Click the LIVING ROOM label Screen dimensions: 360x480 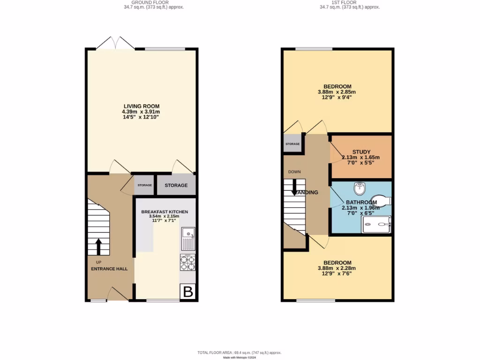[141, 106]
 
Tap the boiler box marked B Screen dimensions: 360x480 [188, 292]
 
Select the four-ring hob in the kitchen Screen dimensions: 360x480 [187, 263]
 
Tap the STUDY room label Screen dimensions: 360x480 [361, 152]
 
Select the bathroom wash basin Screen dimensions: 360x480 [360, 188]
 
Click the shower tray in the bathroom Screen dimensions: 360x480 [376, 224]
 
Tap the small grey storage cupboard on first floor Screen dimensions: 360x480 [292, 143]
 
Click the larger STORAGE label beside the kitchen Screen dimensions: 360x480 [176, 185]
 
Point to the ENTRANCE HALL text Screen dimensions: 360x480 [109, 269]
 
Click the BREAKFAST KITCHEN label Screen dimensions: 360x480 [165, 212]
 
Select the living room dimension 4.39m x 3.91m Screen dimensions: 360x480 [141, 112]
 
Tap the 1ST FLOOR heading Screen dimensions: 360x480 [349, 2]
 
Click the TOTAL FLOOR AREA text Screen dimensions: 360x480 [239, 352]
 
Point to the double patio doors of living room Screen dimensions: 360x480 [115, 43]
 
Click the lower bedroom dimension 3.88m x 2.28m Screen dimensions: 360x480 [337, 268]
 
